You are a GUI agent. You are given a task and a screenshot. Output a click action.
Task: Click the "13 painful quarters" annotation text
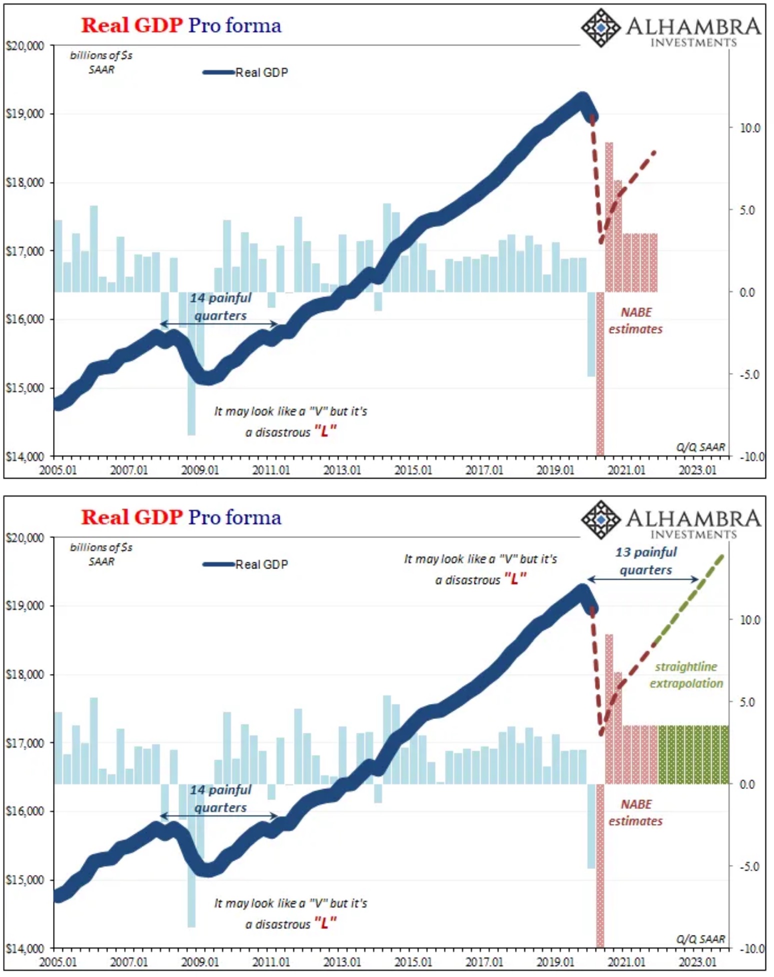(x=645, y=561)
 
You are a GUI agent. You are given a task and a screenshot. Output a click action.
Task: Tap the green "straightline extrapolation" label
(x=686, y=675)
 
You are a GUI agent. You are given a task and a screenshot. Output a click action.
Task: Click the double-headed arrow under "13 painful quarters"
(x=642, y=579)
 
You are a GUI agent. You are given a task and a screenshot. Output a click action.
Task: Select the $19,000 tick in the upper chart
(x=24, y=114)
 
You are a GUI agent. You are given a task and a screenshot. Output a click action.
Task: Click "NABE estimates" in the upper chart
(x=635, y=320)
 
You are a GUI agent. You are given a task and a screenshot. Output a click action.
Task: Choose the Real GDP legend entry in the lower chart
(x=245, y=564)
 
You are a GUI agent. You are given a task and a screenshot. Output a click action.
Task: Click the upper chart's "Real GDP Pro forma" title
(x=181, y=25)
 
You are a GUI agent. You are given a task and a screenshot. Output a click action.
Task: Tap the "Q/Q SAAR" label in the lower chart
(x=700, y=939)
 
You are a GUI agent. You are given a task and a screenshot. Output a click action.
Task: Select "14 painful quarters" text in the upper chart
(x=220, y=306)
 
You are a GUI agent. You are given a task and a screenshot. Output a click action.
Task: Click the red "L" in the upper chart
(x=325, y=431)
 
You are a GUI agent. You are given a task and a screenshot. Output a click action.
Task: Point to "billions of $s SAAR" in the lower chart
(x=101, y=554)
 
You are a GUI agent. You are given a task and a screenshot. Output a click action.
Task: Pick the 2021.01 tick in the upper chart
(x=626, y=470)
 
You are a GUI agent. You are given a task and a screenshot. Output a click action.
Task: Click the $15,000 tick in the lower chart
(x=24, y=880)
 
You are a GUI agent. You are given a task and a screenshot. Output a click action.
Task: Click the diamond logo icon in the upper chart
(x=600, y=27)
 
